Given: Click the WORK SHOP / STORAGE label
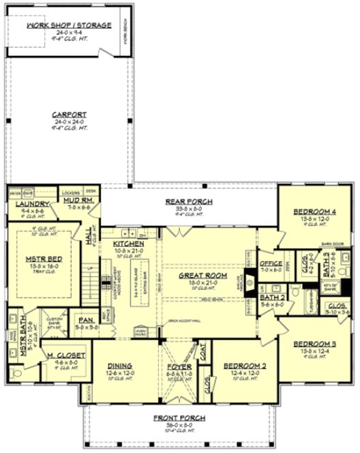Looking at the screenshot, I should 68,25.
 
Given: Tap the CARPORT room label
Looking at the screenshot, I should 68,114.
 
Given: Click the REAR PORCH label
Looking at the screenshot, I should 189,201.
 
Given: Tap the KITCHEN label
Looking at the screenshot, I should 128,244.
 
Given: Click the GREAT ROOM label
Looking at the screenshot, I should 198,276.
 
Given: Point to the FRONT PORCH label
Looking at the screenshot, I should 180,418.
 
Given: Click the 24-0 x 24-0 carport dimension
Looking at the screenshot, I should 68,121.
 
